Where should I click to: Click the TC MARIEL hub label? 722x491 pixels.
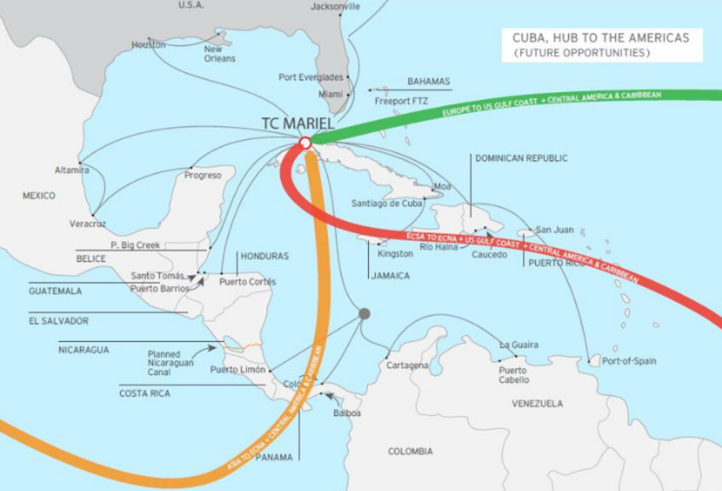(298, 123)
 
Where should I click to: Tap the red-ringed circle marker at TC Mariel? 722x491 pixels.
(306, 142)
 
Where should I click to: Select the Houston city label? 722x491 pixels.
(149, 45)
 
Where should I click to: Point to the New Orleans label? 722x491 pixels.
(220, 54)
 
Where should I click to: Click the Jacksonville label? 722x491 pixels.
(335, 6)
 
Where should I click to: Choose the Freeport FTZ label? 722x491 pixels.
(401, 101)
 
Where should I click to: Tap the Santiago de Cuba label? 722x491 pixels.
(387, 203)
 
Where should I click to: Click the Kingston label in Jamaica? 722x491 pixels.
(395, 254)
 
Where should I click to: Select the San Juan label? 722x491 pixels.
(555, 229)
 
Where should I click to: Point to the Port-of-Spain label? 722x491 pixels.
(629, 361)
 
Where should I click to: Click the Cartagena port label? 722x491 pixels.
(407, 365)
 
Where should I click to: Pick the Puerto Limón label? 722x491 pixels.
(237, 370)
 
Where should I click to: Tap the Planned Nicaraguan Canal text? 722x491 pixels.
(170, 363)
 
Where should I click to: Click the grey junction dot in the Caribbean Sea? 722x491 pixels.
(364, 313)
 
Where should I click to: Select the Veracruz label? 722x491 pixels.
(88, 224)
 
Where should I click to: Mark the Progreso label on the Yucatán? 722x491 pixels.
(203, 175)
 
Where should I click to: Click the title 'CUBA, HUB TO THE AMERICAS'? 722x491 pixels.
(601, 38)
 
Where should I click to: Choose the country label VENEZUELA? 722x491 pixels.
(537, 404)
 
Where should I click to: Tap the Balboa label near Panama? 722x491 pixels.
(347, 413)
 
